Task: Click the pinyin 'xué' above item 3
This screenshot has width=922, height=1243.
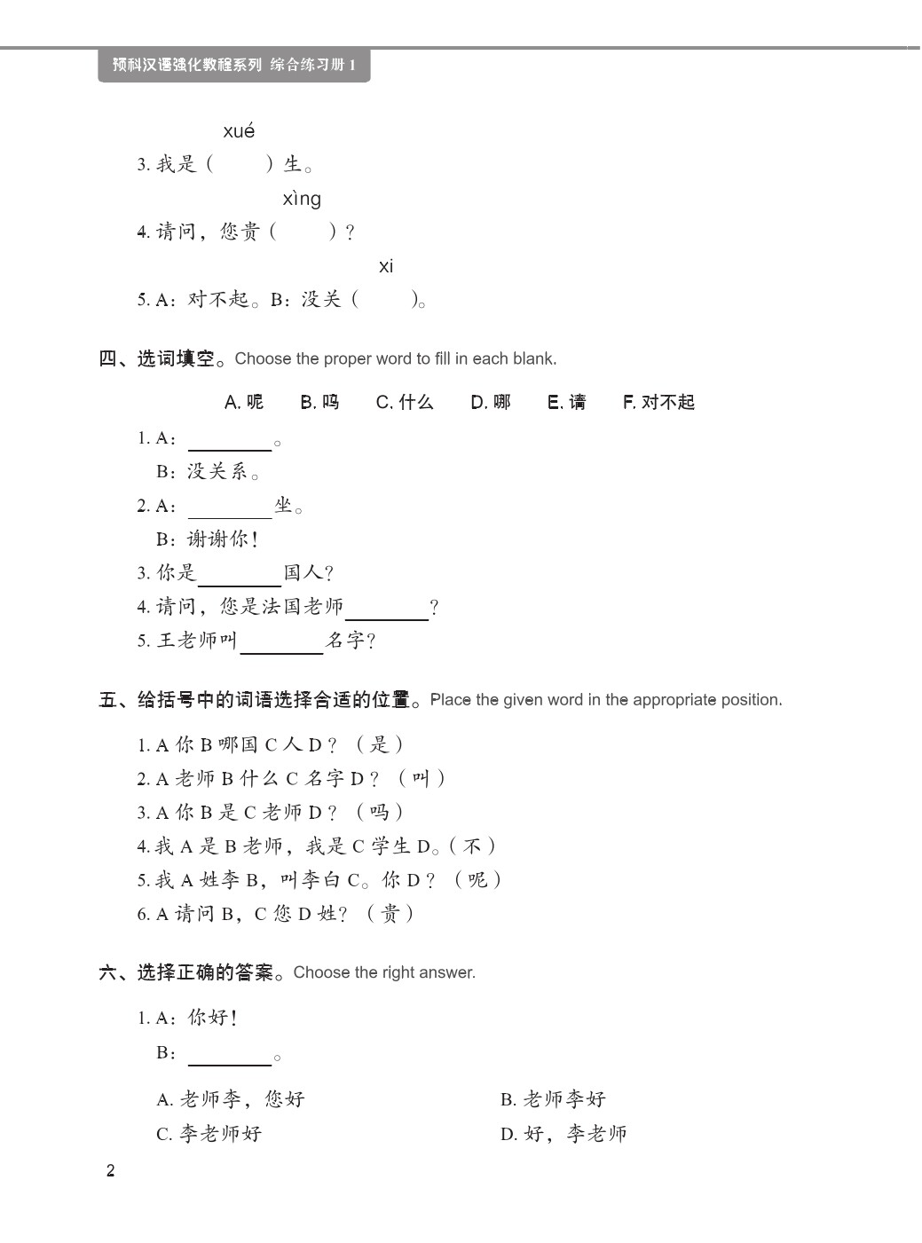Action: click(239, 131)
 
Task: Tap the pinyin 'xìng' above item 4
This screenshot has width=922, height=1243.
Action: click(302, 199)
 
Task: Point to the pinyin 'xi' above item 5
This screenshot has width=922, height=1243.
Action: click(386, 266)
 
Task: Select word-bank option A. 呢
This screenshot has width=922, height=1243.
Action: click(244, 402)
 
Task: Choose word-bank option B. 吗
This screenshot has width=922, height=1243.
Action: click(319, 402)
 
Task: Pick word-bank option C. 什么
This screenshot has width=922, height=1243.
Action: click(405, 402)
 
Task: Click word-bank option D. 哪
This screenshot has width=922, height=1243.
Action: click(491, 402)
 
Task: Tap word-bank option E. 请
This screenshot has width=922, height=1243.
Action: click(567, 402)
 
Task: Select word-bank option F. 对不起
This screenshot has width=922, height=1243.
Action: click(658, 402)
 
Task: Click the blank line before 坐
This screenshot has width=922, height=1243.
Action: click(230, 510)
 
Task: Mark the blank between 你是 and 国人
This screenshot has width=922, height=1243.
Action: click(240, 578)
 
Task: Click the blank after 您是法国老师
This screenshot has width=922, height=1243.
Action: click(387, 612)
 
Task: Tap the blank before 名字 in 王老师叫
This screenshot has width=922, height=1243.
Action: click(281, 646)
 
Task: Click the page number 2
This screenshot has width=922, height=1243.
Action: click(110, 1170)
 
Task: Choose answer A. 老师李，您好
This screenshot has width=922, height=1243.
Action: click(231, 1099)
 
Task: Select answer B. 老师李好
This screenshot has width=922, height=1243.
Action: click(553, 1099)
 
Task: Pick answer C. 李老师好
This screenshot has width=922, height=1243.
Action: click(209, 1134)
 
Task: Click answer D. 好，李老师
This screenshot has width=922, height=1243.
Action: click(563, 1134)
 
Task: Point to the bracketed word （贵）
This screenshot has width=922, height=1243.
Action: click(390, 914)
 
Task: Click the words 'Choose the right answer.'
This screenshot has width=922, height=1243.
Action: click(384, 972)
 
